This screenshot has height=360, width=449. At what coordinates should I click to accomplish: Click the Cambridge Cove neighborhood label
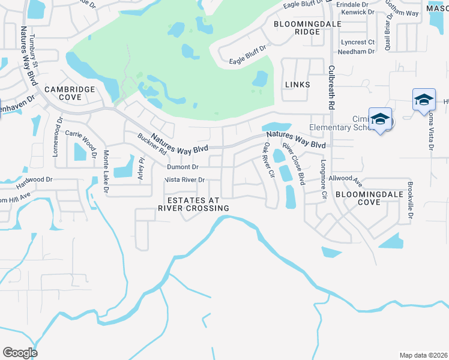coord(70,93)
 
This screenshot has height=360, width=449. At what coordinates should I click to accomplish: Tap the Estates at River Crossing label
coord(193,204)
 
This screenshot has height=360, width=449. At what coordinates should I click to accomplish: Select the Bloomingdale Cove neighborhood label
coord(366,199)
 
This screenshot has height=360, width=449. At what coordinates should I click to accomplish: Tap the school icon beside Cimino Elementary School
coord(380,119)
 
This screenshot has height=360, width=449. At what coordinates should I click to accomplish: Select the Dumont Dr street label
coord(182,167)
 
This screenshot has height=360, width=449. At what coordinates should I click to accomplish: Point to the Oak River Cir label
coord(268,160)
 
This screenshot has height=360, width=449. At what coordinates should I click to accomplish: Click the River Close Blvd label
coord(293,163)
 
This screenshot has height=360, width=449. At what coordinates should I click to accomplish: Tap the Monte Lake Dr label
coord(106,171)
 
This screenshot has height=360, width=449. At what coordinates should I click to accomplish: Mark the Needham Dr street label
coord(357,52)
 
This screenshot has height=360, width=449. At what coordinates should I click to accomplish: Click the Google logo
coord(20,353)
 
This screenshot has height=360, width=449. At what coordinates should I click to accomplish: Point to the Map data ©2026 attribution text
coord(423,355)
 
